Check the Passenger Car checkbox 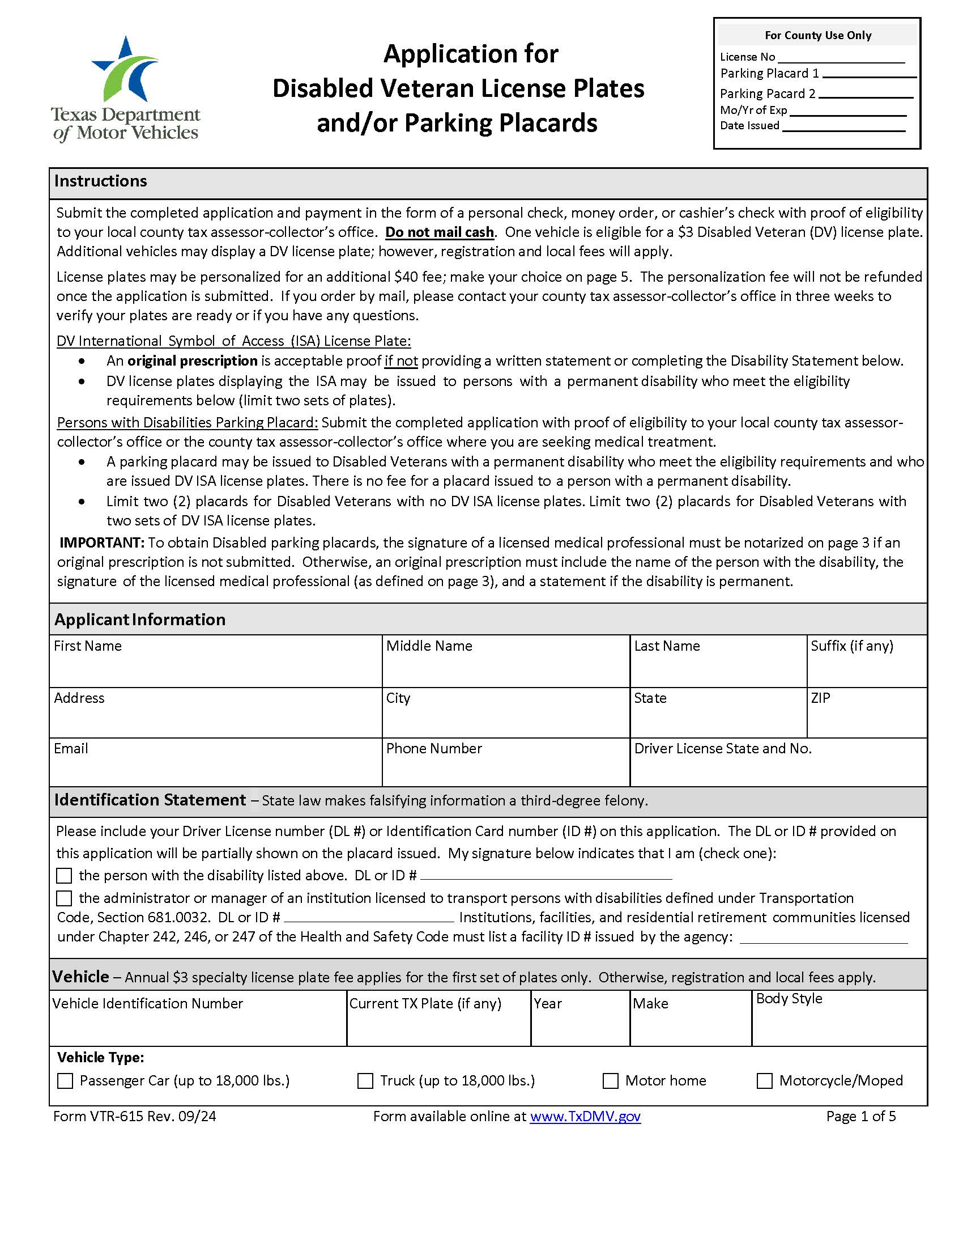pos(66,1081)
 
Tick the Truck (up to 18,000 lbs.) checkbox pos(365,1081)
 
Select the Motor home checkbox pos(611,1081)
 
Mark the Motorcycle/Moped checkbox pos(765,1081)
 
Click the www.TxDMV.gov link pos(585,1116)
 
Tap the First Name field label pos(87,646)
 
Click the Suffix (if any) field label pos(852,646)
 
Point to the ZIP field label pos(820,698)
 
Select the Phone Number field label pos(433,749)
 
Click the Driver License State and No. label pos(723,749)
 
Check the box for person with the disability pos(65,876)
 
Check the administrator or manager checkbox pos(65,899)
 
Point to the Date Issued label pos(749,126)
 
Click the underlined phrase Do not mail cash pos(439,232)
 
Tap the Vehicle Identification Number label pos(147,1004)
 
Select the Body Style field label pos(789,999)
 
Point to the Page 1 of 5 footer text pos(860,1116)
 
